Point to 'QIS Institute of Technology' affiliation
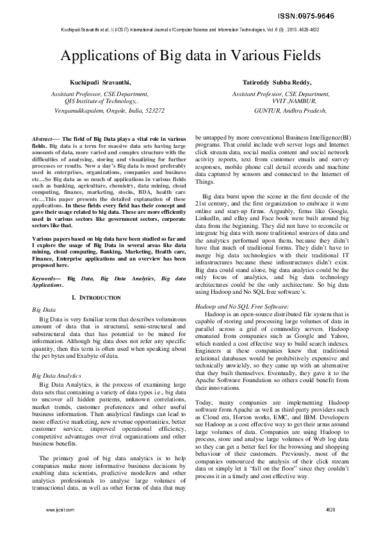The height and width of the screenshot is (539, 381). point(101,101)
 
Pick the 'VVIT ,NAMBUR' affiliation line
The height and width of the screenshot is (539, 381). point(294,101)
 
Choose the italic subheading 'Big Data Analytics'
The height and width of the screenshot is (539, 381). point(56,375)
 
